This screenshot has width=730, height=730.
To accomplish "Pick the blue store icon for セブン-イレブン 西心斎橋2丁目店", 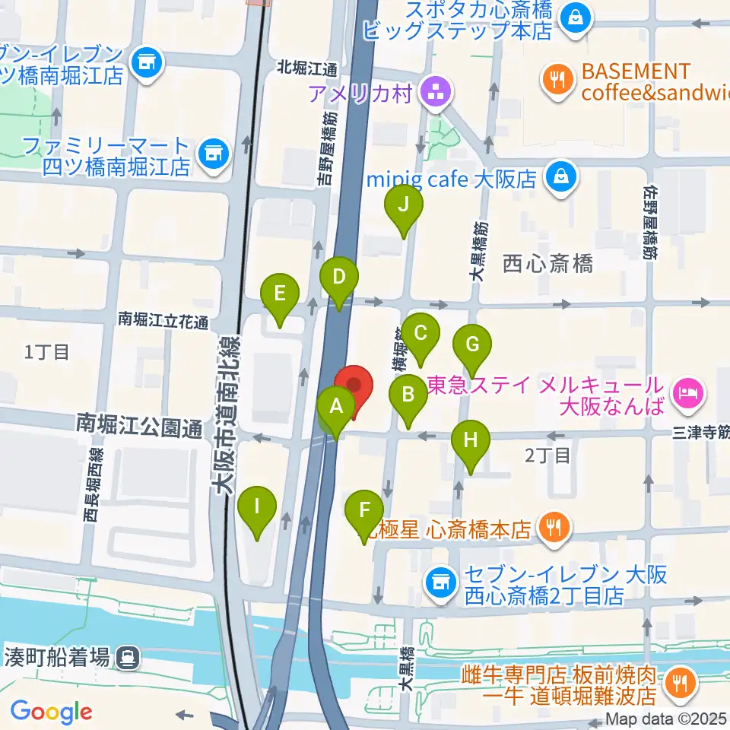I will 440,582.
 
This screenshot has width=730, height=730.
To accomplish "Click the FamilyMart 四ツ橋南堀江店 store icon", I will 213,154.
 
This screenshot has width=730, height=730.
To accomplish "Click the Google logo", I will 51,713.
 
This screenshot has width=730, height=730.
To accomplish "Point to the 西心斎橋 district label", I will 547,264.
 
